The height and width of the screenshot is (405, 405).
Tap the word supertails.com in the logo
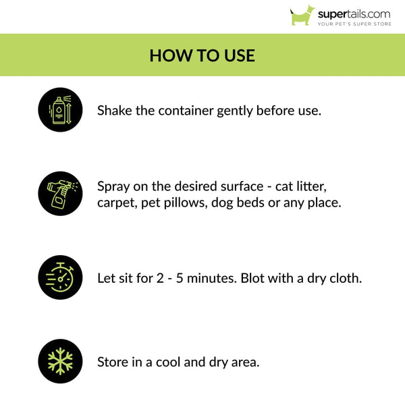[x=354, y=13]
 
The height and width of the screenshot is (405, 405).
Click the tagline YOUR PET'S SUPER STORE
[x=354, y=24]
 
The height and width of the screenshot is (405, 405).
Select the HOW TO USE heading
[x=202, y=55]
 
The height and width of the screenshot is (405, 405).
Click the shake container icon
[x=60, y=109]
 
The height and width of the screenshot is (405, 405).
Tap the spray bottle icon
[x=60, y=194]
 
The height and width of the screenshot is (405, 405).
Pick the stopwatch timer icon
[x=60, y=277]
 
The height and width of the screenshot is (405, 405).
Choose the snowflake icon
[x=60, y=361]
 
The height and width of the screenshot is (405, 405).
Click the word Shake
[x=115, y=109]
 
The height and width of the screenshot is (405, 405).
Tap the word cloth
[x=346, y=277]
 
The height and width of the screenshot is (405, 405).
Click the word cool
[x=175, y=362]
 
